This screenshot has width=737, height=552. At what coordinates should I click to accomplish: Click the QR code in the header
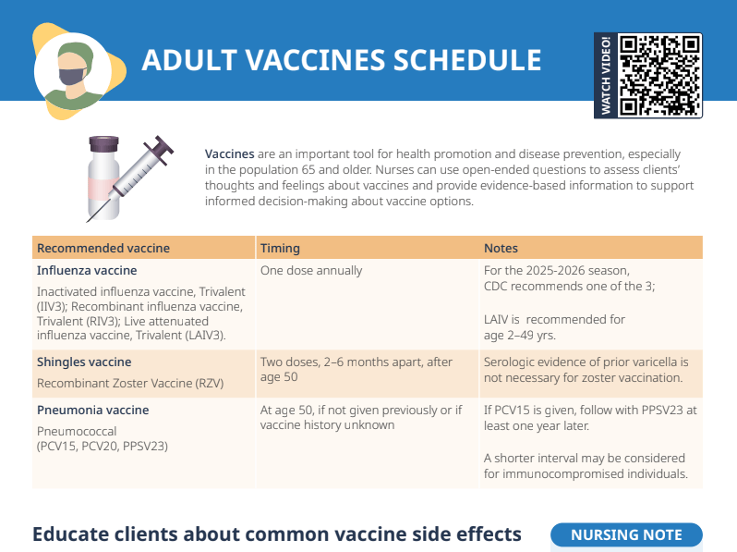[659, 75]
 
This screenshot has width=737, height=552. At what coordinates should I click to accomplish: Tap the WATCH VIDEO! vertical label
[606, 76]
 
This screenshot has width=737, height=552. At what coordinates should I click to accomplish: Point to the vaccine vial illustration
[106, 175]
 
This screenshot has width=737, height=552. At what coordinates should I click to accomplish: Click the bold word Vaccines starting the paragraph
[229, 153]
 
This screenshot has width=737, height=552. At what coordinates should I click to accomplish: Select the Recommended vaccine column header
[103, 249]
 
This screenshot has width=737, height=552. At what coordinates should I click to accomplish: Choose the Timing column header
[280, 249]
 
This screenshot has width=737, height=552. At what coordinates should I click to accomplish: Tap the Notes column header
[501, 249]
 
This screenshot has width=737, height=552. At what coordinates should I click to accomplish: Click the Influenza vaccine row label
[87, 271]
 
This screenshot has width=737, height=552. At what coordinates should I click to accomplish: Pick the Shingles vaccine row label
[84, 362]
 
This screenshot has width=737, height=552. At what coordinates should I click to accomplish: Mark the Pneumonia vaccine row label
[92, 410]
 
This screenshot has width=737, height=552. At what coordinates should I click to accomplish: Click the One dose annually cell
[311, 271]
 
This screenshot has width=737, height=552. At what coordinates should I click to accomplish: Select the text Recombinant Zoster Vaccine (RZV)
[130, 383]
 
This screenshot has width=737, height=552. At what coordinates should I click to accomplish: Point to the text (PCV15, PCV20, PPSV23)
[103, 446]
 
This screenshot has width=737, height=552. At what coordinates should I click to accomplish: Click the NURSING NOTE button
[626, 534]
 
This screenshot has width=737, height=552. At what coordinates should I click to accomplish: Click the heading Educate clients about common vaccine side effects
[277, 534]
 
